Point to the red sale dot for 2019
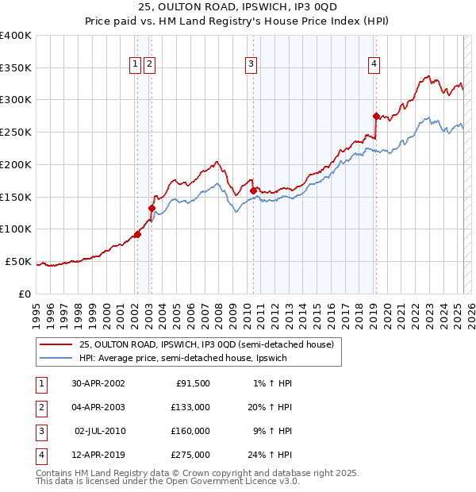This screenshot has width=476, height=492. pos(376,116)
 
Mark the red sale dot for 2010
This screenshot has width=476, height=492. pos(253,190)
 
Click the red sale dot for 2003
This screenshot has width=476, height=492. pos(151,208)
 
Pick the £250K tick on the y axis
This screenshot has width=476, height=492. pos(16,132)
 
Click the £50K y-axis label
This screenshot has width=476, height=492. pos(19,261)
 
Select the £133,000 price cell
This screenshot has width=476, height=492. pos(190,408)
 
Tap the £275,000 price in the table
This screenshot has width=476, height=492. pos(190,455)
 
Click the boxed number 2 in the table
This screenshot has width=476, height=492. pos(40,408)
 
